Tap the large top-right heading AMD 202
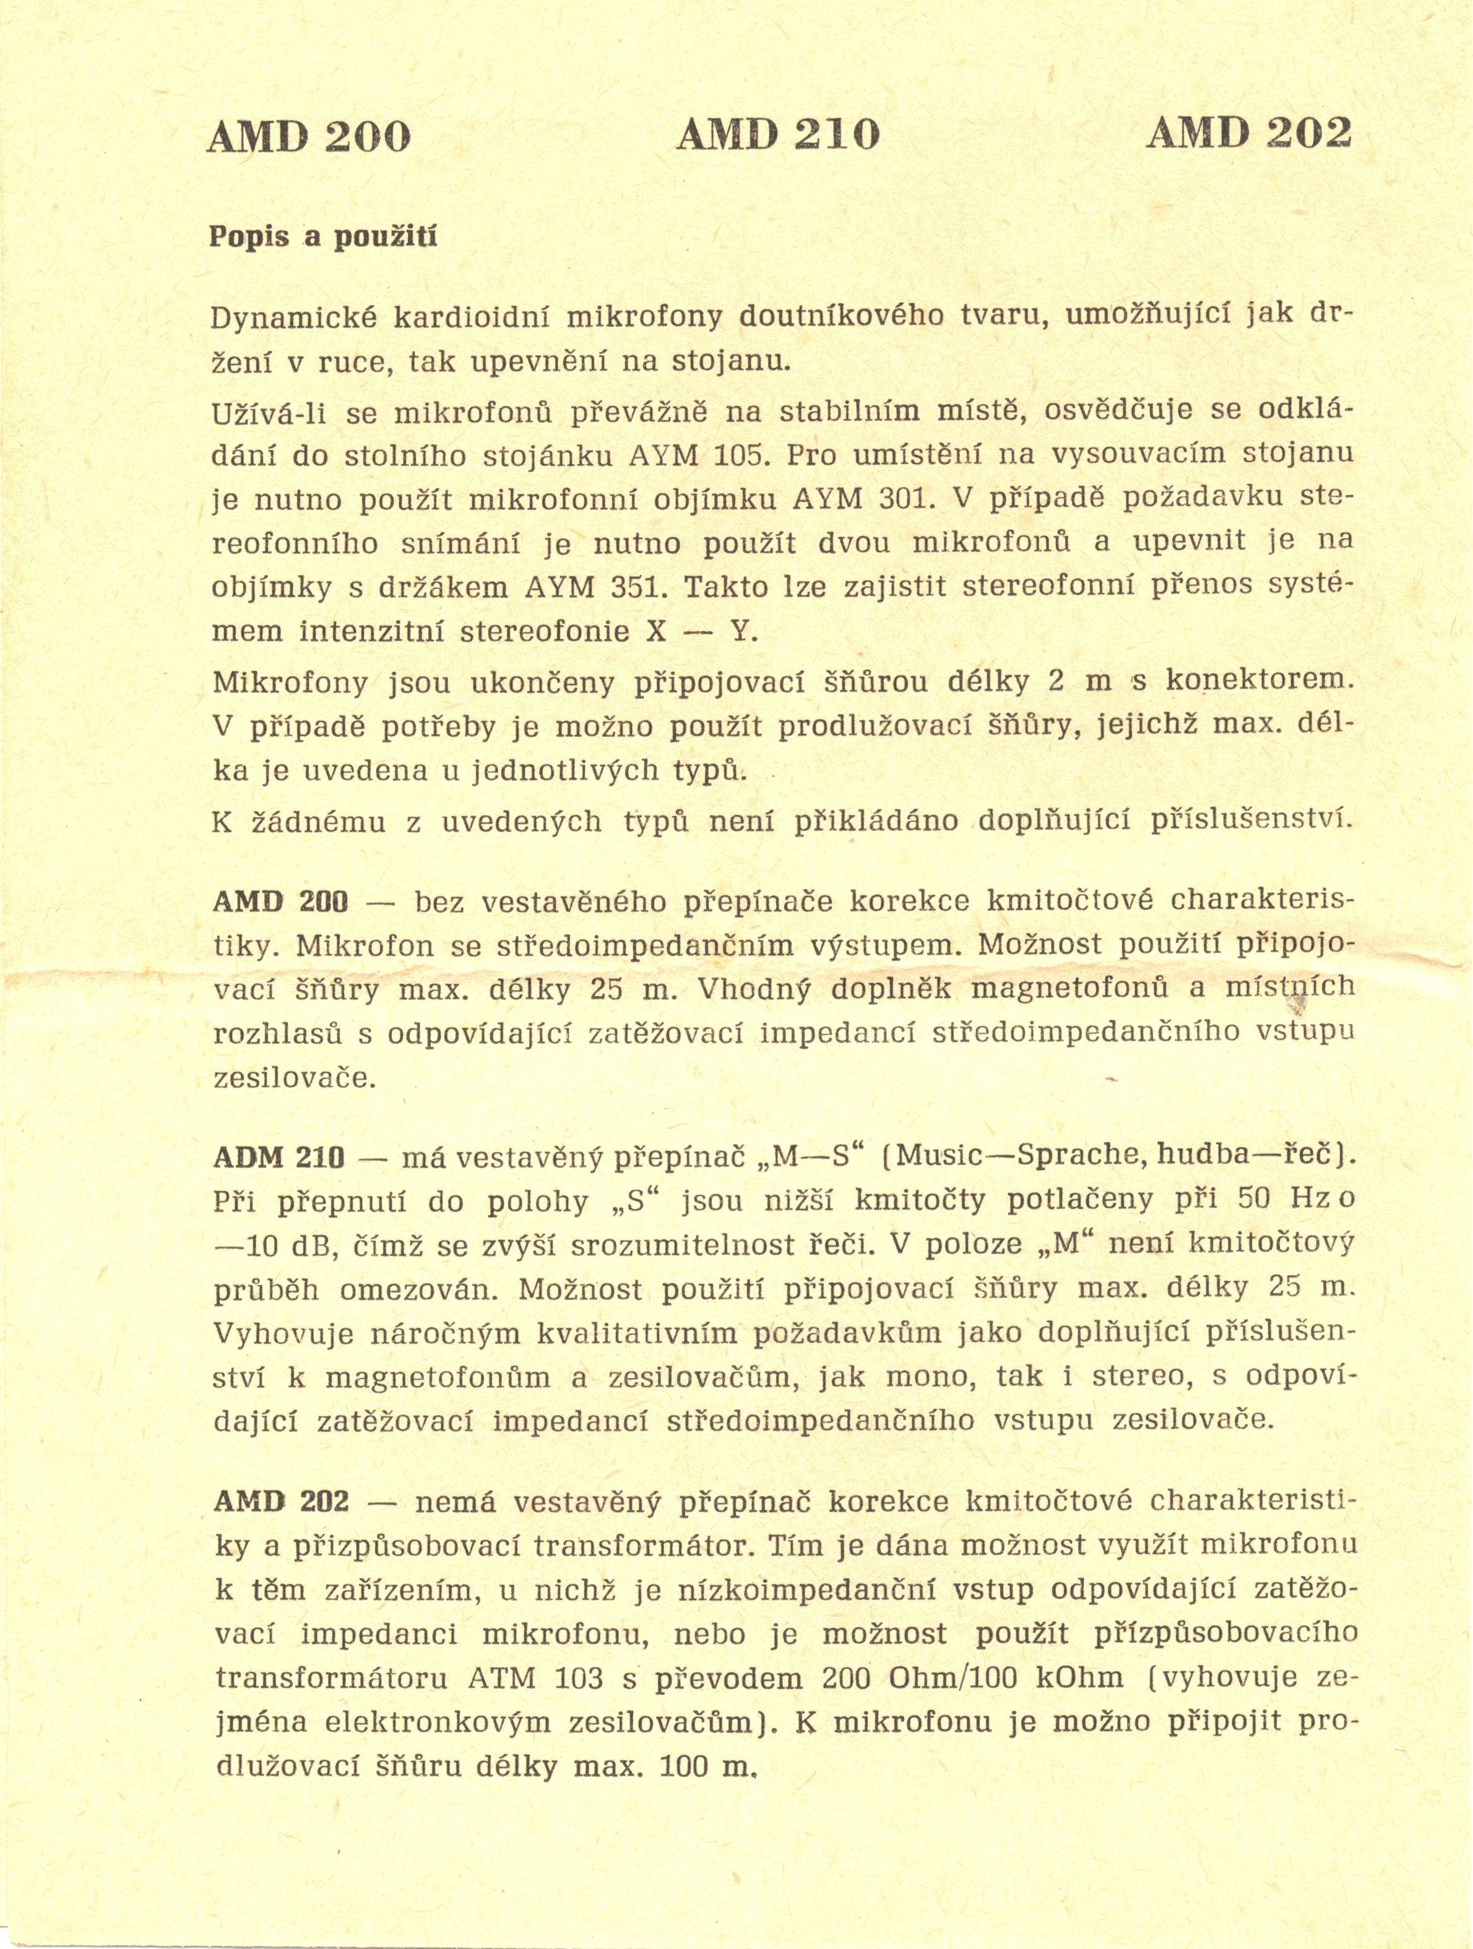(1248, 132)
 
